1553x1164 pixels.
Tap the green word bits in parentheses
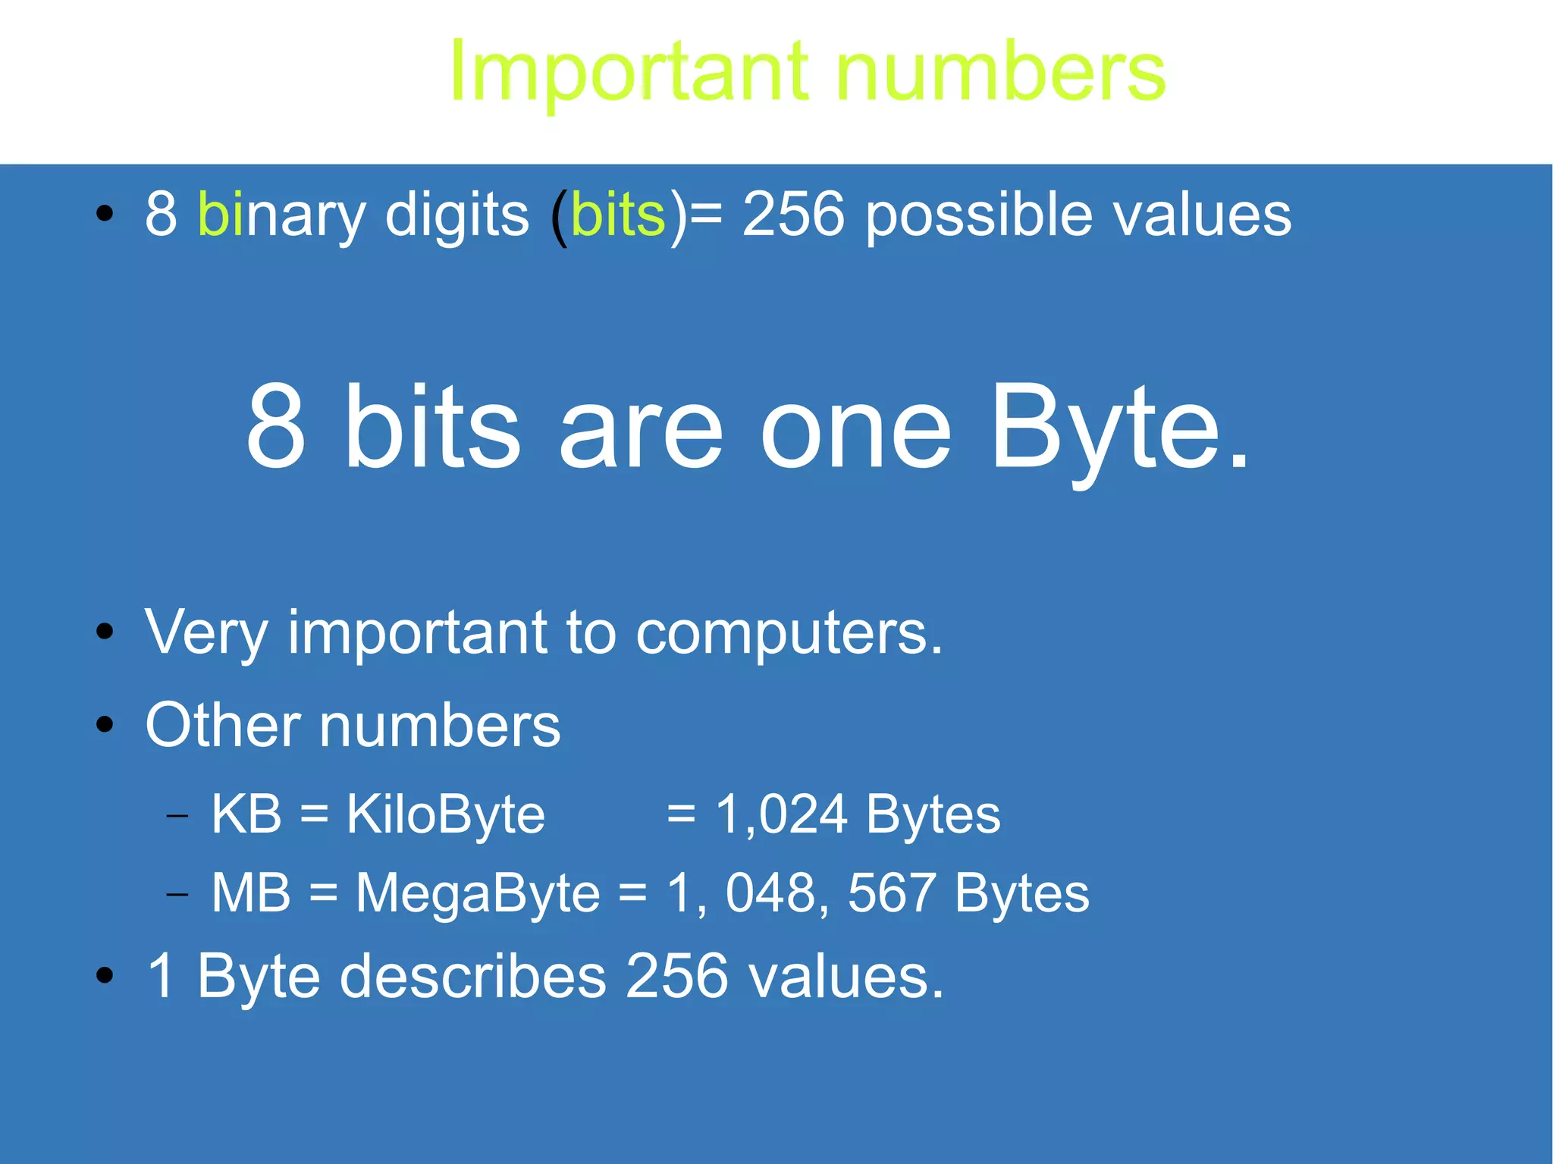point(618,215)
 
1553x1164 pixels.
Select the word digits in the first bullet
point(456,215)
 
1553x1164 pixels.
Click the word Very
point(206,633)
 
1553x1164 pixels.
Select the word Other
point(222,726)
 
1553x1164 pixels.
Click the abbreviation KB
point(246,814)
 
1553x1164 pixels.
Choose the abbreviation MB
point(250,893)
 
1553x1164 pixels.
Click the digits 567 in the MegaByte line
point(890,893)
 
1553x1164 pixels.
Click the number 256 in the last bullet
point(677,976)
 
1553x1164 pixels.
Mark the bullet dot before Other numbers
point(105,725)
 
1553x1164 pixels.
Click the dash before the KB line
point(177,817)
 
